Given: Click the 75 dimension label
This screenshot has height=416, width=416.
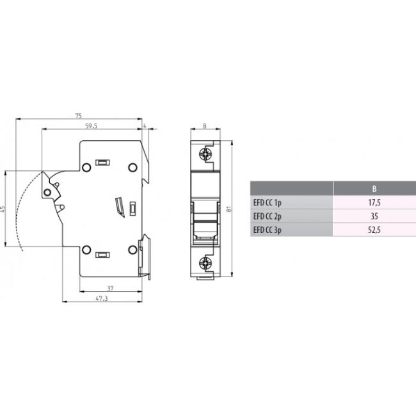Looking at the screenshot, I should pos(78,116).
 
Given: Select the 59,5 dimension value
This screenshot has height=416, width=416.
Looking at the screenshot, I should pos(91,126).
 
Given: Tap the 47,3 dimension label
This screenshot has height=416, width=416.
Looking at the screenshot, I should pos(102,298).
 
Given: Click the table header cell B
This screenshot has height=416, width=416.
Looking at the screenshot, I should pos(374,189).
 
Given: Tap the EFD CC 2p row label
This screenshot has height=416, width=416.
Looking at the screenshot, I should pos(268,216).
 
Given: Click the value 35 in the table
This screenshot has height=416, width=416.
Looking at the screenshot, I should pos(374,216).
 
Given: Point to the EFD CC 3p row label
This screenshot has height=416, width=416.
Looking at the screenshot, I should pos(268,229).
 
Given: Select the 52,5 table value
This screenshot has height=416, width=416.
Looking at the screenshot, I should pos(374,229).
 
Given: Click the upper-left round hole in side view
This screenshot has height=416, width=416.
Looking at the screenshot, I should pos(87,168).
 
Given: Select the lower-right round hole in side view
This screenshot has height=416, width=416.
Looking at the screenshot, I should pos(132,249).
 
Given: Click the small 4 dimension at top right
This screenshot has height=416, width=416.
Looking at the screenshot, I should pos(145,126).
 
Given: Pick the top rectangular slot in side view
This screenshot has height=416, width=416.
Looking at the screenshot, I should pos(101,163).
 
